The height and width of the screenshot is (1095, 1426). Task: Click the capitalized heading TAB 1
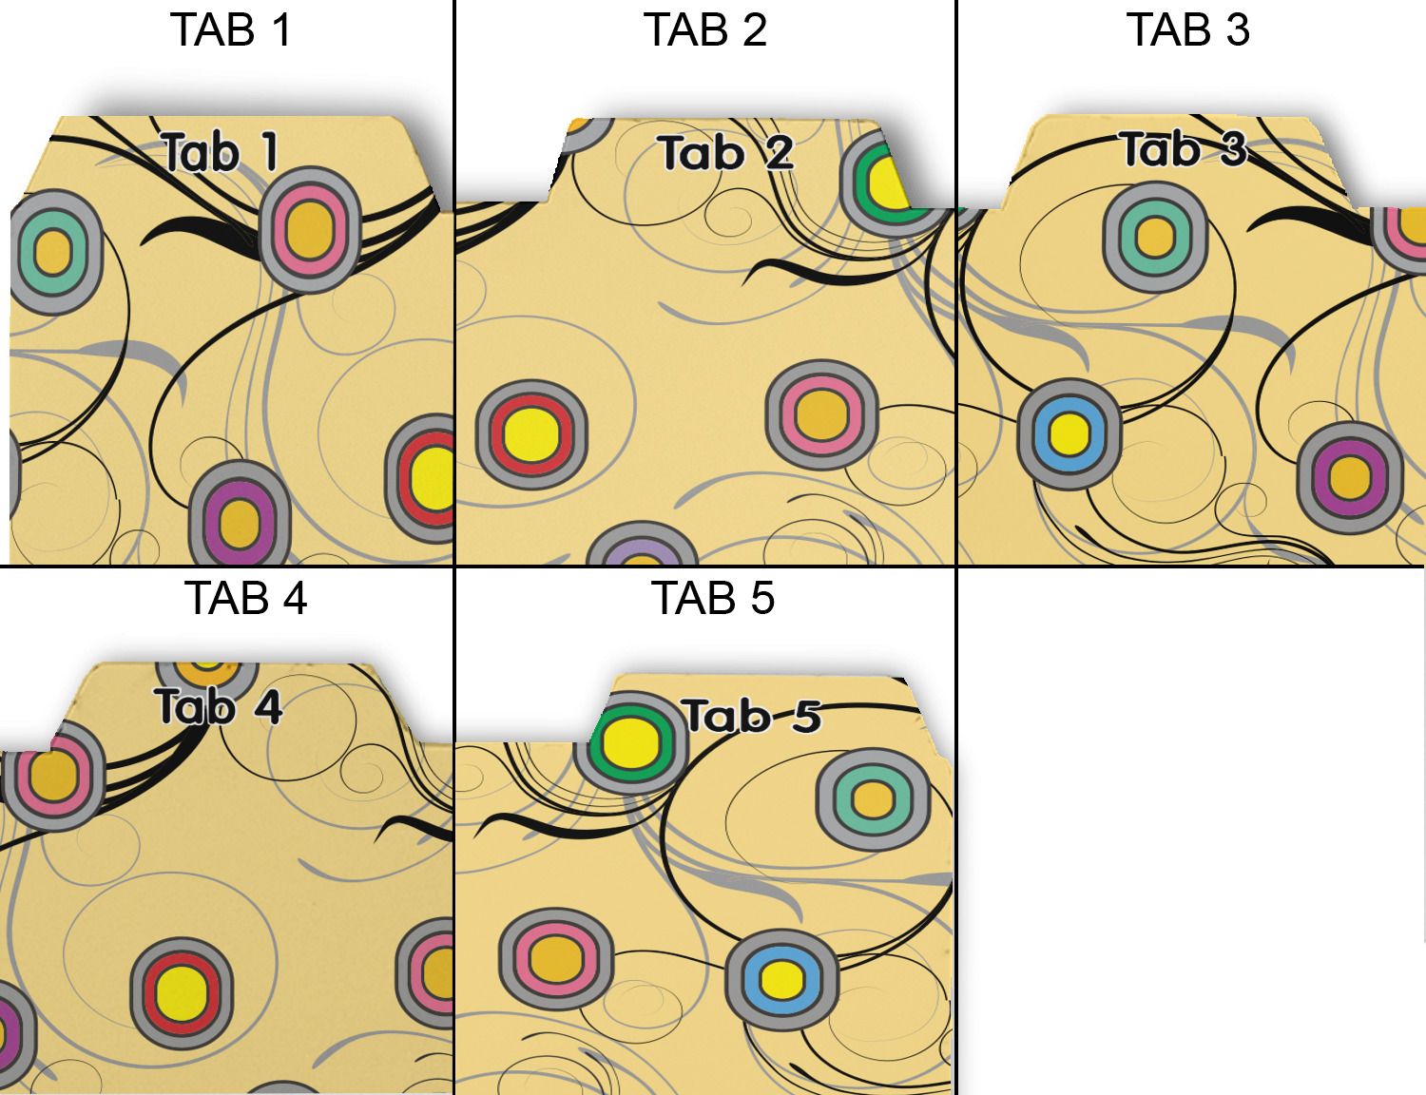[x=230, y=30]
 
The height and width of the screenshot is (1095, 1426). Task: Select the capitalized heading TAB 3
[x=1187, y=30]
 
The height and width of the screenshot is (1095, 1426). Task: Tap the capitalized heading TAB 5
[x=712, y=599]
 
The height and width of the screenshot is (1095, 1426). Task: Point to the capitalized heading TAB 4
[x=245, y=599]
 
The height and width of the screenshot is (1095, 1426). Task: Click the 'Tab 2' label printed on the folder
[x=725, y=153]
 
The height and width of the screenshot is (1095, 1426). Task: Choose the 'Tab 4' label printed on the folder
[x=218, y=707]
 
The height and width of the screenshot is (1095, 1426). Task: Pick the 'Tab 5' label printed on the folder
[x=752, y=716]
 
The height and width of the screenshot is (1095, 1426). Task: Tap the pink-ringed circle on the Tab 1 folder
[x=310, y=229]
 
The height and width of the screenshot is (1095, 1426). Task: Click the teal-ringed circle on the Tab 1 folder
[x=54, y=252]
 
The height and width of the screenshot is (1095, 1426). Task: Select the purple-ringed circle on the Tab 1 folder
[x=240, y=521]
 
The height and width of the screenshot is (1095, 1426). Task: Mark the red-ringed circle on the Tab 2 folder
[x=531, y=434]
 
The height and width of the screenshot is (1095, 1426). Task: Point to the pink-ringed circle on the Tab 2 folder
[x=821, y=414]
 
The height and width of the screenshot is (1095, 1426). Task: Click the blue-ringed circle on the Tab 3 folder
[x=1069, y=434]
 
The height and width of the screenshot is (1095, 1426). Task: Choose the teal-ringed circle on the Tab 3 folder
[x=1155, y=237]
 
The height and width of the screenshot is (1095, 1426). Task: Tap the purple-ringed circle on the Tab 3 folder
[x=1350, y=477]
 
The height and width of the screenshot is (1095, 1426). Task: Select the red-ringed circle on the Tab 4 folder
[x=182, y=993]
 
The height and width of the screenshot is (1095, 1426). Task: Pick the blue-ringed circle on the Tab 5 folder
[x=781, y=980]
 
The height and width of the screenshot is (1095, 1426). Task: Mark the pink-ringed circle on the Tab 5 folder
[x=556, y=959]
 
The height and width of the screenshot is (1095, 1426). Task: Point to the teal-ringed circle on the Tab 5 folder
[x=873, y=798]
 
